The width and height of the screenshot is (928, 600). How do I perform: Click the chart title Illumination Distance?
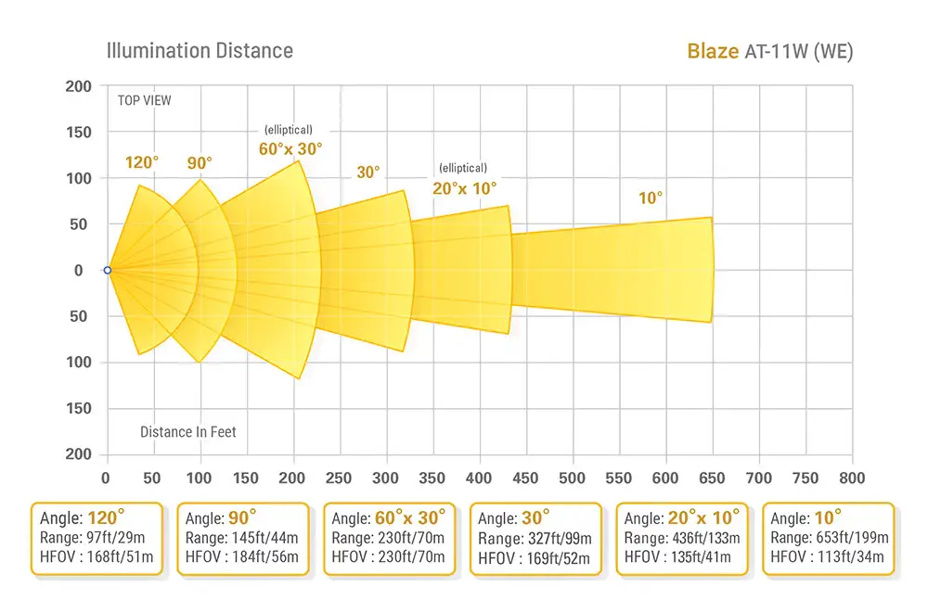(x=200, y=50)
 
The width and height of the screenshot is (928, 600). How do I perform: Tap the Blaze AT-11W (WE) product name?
(x=769, y=50)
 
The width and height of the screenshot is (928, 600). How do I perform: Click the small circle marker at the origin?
(x=108, y=270)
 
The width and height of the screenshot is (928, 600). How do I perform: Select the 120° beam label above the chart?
(x=141, y=162)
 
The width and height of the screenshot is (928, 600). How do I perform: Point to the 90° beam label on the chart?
(x=199, y=162)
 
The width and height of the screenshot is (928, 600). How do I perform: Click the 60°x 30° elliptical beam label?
(x=290, y=147)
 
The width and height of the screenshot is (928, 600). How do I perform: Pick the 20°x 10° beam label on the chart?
(x=464, y=186)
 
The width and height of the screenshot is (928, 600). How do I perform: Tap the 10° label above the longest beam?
(x=651, y=198)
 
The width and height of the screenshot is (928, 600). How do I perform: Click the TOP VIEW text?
(x=144, y=100)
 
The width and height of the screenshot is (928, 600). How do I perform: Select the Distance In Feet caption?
(x=188, y=432)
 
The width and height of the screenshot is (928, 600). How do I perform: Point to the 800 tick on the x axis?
(x=852, y=479)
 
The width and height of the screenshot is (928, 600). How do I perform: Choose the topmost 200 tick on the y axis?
(x=81, y=86)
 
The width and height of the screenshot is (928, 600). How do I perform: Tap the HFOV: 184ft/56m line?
(x=241, y=557)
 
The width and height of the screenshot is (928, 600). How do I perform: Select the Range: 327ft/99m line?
(x=535, y=538)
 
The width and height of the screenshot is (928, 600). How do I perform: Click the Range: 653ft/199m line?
(x=830, y=538)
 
